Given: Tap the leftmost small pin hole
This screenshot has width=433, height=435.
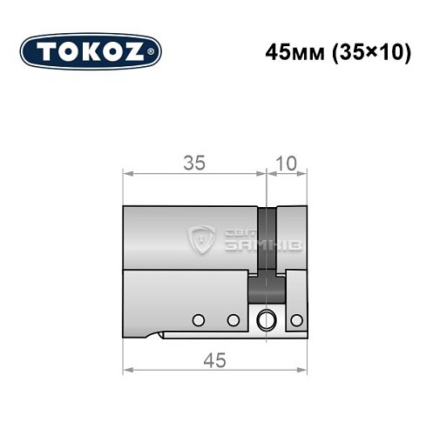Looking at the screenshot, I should (198, 320).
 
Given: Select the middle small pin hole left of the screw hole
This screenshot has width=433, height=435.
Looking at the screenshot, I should (233, 320).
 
